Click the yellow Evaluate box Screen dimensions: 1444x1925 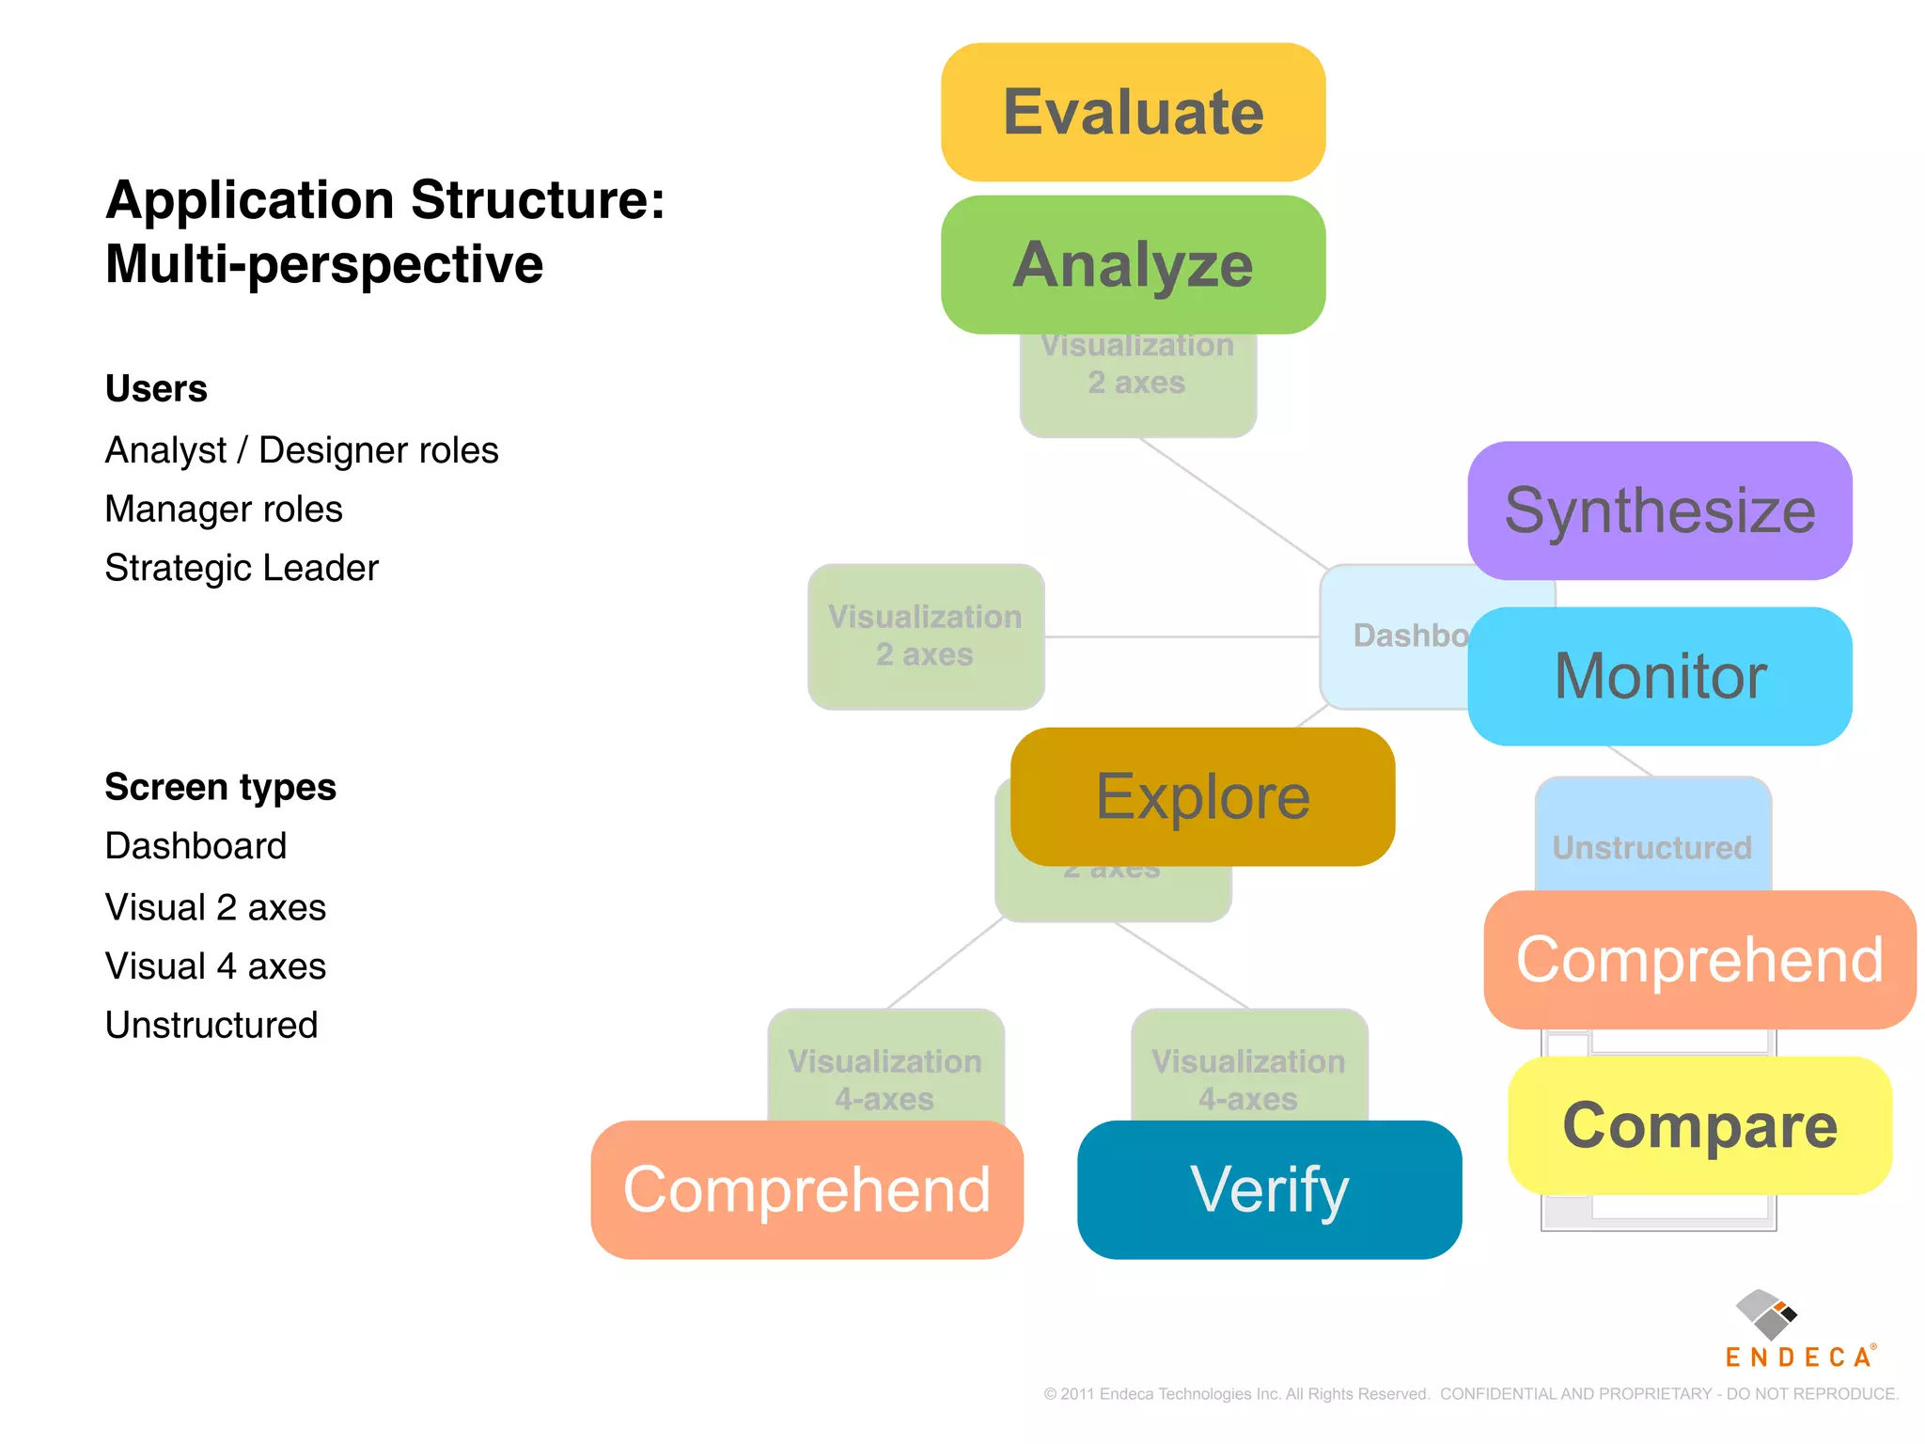[1133, 112]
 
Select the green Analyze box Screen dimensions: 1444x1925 [1133, 264]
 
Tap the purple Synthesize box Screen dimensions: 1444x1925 [1659, 510]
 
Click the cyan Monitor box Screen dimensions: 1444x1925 [1659, 676]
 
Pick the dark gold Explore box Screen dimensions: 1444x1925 [1202, 796]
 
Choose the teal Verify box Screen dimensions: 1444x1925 [1269, 1189]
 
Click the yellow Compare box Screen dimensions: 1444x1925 [1699, 1125]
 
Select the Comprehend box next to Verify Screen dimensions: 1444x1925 [806, 1189]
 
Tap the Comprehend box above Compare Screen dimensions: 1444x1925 [1699, 960]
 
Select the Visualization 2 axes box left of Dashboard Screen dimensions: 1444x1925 [925, 636]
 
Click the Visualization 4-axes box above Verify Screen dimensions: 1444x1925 [1248, 1072]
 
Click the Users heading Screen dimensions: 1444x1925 [156, 388]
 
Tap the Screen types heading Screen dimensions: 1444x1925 [220, 787]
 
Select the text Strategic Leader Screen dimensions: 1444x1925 [242, 568]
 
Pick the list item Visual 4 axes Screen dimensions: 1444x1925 [215, 966]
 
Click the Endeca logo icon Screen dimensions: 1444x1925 [1765, 1314]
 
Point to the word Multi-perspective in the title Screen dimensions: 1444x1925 [323, 263]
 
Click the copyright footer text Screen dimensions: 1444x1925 [1470, 1393]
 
